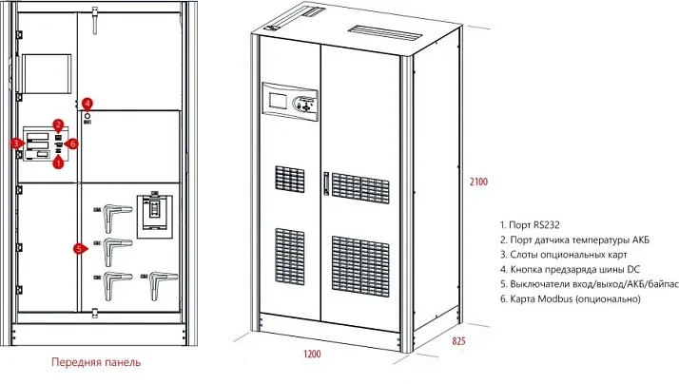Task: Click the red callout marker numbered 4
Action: click(87, 103)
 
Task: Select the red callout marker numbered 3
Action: click(17, 144)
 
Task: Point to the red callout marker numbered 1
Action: click(58, 163)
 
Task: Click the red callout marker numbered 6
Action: click(72, 144)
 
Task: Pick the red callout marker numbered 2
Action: click(58, 125)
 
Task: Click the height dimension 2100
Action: click(477, 182)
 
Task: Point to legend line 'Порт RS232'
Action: click(533, 222)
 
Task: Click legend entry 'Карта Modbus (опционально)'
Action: click(568, 298)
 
